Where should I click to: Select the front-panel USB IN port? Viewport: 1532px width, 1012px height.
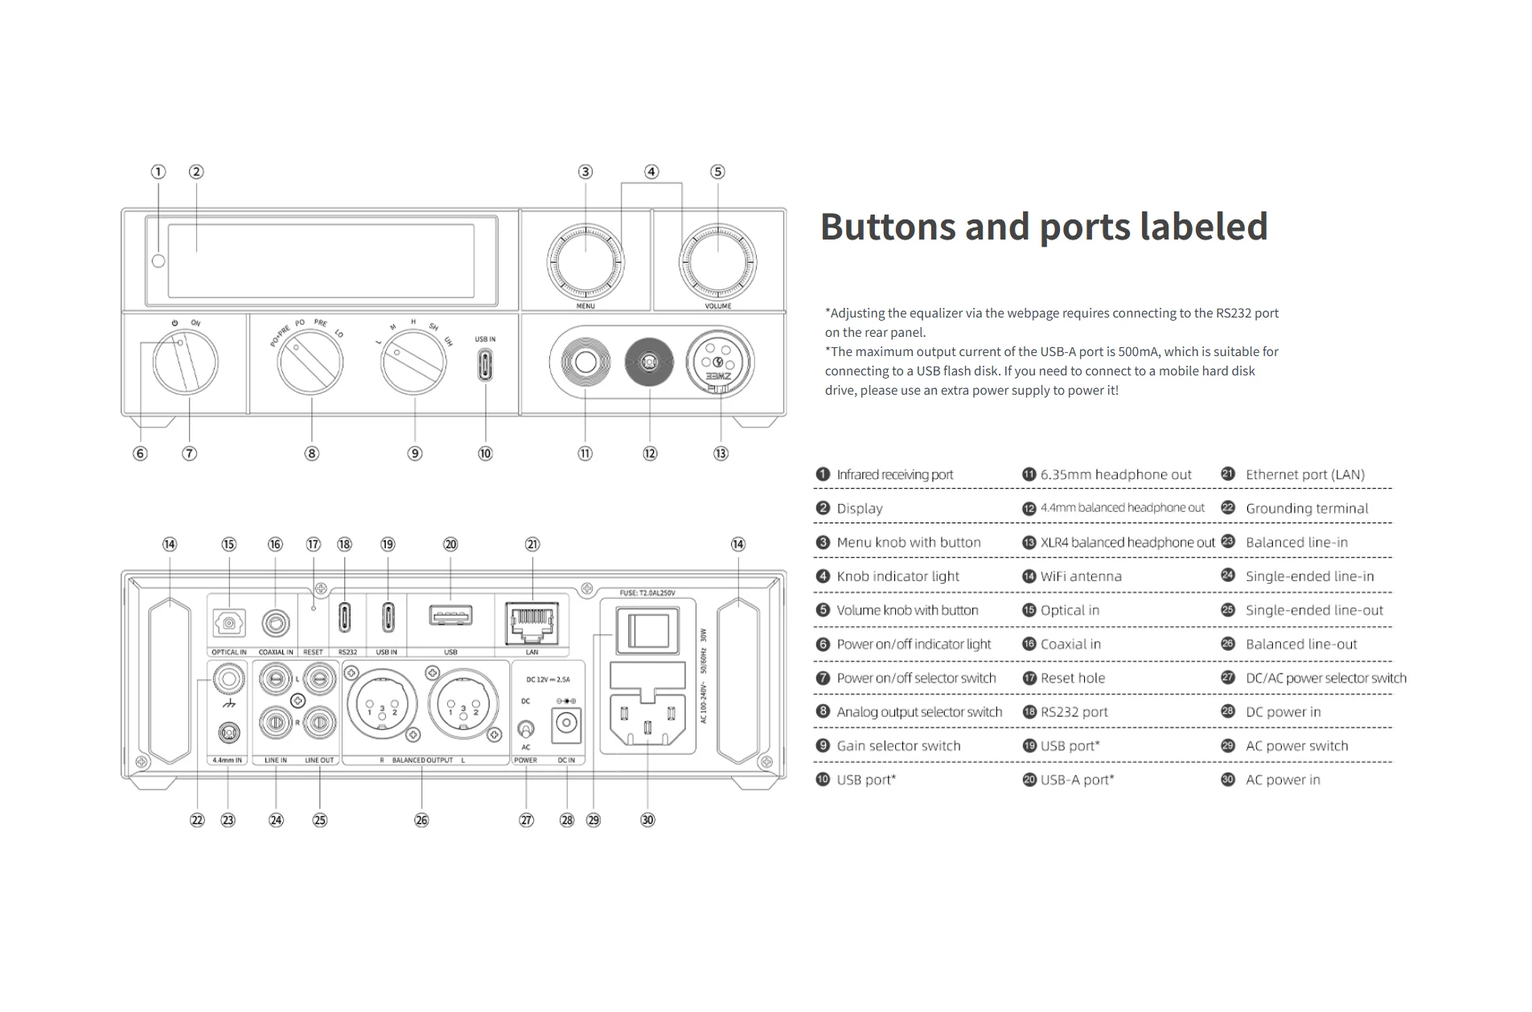485,366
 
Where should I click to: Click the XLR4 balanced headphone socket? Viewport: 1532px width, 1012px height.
718,363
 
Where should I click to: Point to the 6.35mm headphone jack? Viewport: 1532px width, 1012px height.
585,363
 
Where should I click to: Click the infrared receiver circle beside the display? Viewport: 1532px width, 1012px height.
158,260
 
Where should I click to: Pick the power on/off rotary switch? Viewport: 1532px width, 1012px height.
185,363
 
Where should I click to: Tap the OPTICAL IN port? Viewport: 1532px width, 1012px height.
228,623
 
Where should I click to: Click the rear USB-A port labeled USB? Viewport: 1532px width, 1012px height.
450,617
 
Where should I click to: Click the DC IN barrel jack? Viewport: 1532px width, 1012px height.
566,723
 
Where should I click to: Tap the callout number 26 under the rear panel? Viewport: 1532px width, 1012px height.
421,820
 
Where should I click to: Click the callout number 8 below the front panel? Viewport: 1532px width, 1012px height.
311,453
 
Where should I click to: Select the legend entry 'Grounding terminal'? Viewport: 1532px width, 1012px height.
1306,508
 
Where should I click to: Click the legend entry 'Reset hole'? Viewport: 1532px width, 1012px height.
1072,678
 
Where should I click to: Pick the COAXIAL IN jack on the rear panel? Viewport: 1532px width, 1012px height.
276,623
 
